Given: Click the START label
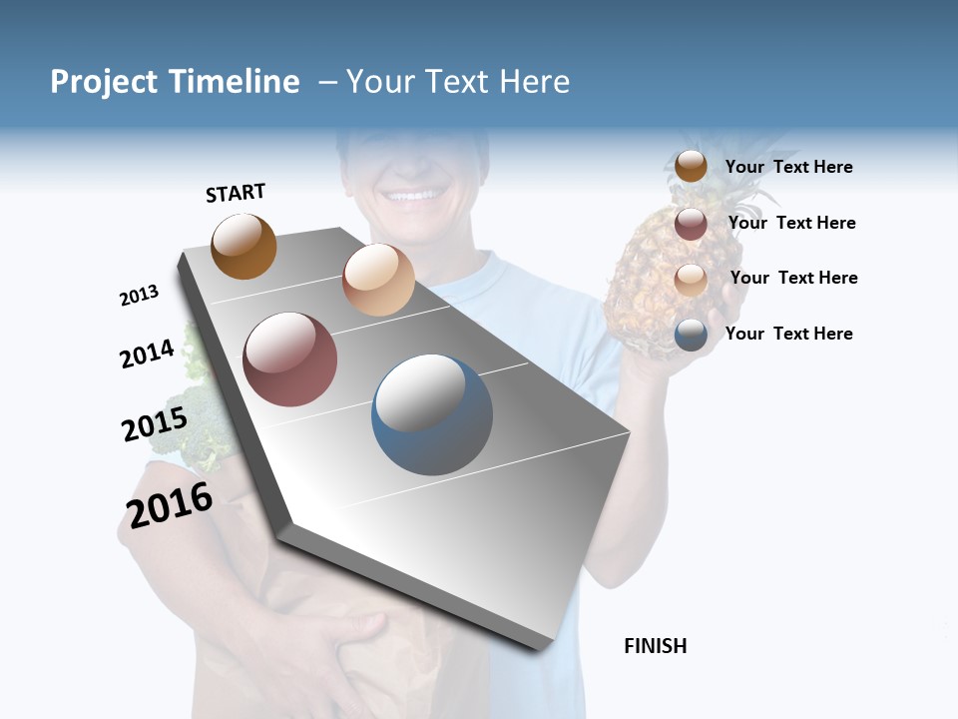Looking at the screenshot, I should click(x=236, y=193).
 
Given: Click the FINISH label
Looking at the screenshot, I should click(x=655, y=646).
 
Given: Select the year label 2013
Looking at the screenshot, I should click(x=139, y=296).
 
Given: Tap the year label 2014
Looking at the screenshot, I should click(x=147, y=354).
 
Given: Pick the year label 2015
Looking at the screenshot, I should click(x=154, y=424).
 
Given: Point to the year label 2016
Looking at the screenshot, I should click(x=170, y=505).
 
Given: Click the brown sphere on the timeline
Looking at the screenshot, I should click(x=243, y=246).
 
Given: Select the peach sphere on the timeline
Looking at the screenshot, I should click(x=378, y=279).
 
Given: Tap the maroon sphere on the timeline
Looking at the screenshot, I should click(x=289, y=359).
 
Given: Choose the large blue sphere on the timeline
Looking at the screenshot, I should click(x=431, y=414).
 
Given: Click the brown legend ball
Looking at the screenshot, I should click(x=691, y=167).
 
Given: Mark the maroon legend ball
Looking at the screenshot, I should click(x=691, y=224).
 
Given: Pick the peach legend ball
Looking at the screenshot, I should click(x=691, y=280).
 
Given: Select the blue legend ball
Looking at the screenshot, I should click(x=691, y=335).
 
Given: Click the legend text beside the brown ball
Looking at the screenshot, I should click(x=788, y=167).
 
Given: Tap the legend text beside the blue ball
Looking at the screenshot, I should click(x=788, y=334).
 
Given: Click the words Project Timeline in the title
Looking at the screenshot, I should click(x=175, y=82).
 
